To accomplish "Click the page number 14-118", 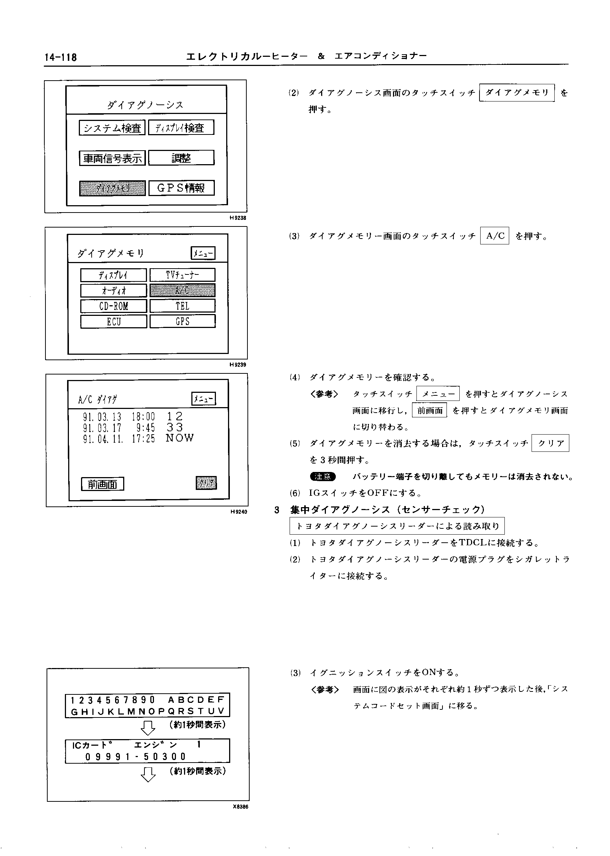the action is [x=60, y=58].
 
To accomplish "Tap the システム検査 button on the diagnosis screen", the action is [x=112, y=128].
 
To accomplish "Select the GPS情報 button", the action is [x=181, y=188].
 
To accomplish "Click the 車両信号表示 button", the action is [x=112, y=158].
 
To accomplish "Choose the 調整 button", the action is [x=181, y=158].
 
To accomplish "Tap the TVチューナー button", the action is [x=183, y=275].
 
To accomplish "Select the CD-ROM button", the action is [x=113, y=306].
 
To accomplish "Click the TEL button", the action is [x=183, y=306].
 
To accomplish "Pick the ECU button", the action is [x=113, y=321].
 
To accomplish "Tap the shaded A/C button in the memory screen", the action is [x=183, y=290].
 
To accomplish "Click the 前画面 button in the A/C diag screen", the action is [x=103, y=484].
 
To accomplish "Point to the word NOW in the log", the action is [x=180, y=438].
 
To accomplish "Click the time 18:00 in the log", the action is [x=143, y=416].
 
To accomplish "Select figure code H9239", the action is [x=238, y=365].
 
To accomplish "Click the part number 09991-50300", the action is [x=135, y=756].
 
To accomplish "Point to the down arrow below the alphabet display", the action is [x=148, y=728].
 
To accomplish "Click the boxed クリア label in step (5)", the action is [x=550, y=443].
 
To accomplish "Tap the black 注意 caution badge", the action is [x=323, y=476].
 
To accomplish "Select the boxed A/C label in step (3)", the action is [x=495, y=236].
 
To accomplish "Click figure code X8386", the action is [x=240, y=807].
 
